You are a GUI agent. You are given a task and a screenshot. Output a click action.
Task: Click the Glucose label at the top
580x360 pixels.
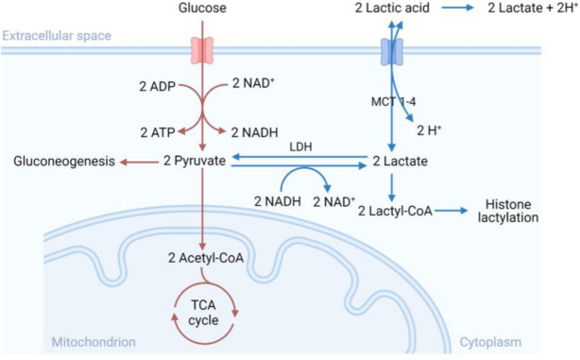(x=202, y=8)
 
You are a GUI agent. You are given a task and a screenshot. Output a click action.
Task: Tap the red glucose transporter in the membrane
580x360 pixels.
(x=202, y=50)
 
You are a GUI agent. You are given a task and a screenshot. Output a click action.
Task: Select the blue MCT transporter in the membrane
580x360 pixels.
(x=392, y=52)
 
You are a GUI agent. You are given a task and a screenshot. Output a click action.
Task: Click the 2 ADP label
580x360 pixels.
(x=157, y=87)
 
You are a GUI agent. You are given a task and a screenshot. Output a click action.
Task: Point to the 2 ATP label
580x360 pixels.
(x=158, y=132)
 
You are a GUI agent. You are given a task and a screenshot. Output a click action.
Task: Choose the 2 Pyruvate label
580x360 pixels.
(x=195, y=161)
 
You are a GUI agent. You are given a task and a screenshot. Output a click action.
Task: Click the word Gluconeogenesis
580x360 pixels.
(x=64, y=162)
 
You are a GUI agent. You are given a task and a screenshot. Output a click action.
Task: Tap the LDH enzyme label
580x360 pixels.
(x=300, y=146)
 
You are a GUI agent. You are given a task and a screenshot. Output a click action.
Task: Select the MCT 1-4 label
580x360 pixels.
(x=394, y=101)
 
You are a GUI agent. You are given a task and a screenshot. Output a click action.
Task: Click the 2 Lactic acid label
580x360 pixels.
(x=392, y=9)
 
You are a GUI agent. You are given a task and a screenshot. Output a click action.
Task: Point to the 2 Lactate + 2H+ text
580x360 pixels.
(x=532, y=9)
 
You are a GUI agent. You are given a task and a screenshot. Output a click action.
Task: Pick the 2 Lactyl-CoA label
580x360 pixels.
(x=395, y=211)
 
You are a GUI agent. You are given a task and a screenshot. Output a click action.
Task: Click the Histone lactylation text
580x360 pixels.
(x=508, y=211)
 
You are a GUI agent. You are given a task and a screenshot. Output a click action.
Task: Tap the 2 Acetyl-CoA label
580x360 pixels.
(x=206, y=258)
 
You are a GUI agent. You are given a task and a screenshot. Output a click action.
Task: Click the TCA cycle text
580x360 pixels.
(x=203, y=313)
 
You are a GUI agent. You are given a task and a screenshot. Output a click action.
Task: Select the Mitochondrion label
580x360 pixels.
(x=94, y=342)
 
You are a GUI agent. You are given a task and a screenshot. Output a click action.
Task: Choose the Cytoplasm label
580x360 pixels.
(x=490, y=342)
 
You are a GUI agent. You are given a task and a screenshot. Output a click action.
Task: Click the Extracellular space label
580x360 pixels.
(x=57, y=36)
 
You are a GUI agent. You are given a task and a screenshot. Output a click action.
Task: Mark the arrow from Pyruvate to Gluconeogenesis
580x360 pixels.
(x=139, y=162)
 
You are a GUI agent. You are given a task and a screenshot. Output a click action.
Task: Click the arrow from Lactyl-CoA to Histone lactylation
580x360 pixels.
(x=452, y=211)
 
